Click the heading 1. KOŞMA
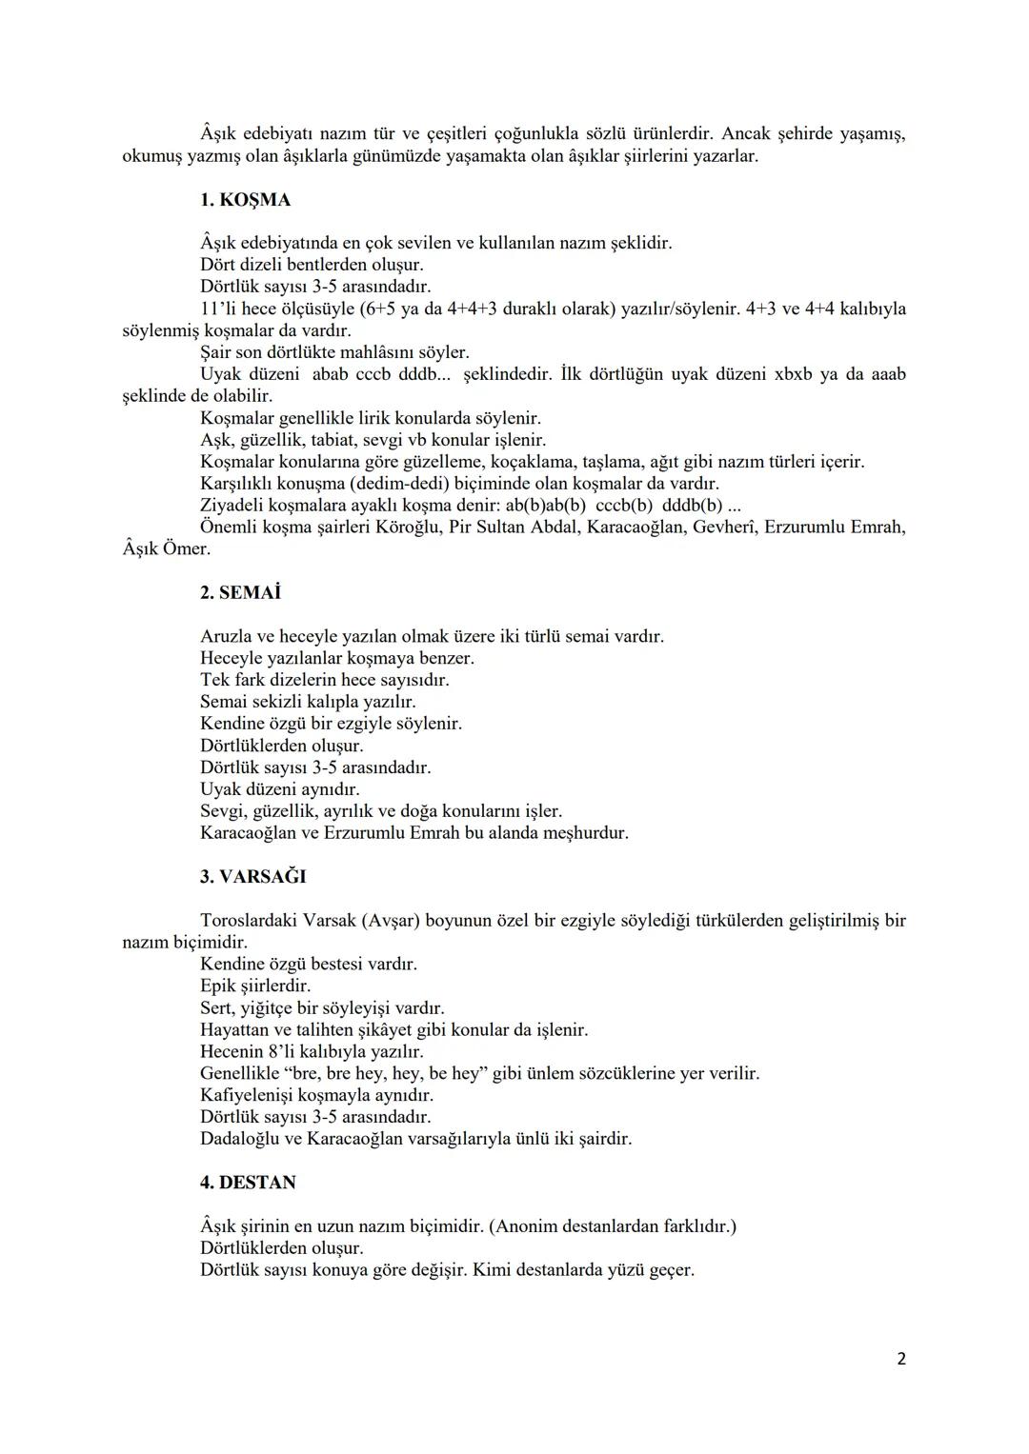[x=245, y=200]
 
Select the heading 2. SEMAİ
[x=240, y=592]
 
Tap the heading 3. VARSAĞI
[x=252, y=876]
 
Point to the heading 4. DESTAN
[x=248, y=1182]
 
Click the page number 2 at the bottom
[x=900, y=1359]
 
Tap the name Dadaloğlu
[x=239, y=1138]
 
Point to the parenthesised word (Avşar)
[x=387, y=920]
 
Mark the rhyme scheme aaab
[x=883, y=373]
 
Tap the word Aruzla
[x=226, y=636]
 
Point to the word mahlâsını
[x=379, y=351]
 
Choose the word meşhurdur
[x=584, y=832]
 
